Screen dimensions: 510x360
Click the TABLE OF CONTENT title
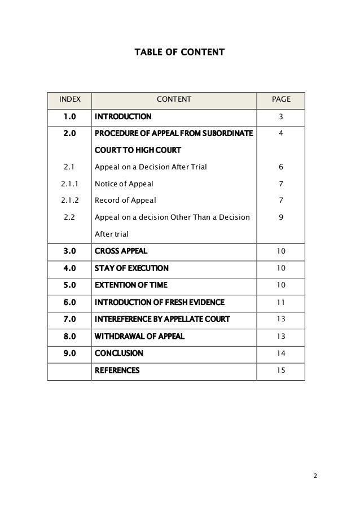[x=179, y=53]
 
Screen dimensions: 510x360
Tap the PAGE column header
[x=281, y=100]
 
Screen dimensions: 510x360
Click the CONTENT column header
[x=174, y=100]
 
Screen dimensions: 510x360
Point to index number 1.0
[x=69, y=117]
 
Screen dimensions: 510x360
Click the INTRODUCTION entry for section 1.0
[x=123, y=117]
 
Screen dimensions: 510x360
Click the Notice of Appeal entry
[x=124, y=184]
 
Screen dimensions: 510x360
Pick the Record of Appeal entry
[x=125, y=200]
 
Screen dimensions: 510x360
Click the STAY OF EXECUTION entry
[x=131, y=268]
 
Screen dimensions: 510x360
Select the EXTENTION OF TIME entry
[x=131, y=285]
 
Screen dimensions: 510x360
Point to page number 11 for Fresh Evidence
[x=281, y=302]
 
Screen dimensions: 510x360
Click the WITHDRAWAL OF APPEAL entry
[x=139, y=336]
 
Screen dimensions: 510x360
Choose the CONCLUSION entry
[x=118, y=353]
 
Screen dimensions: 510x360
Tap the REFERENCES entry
[x=117, y=370]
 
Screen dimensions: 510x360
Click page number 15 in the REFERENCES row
[x=281, y=370]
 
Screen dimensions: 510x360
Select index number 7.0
[x=69, y=319]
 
